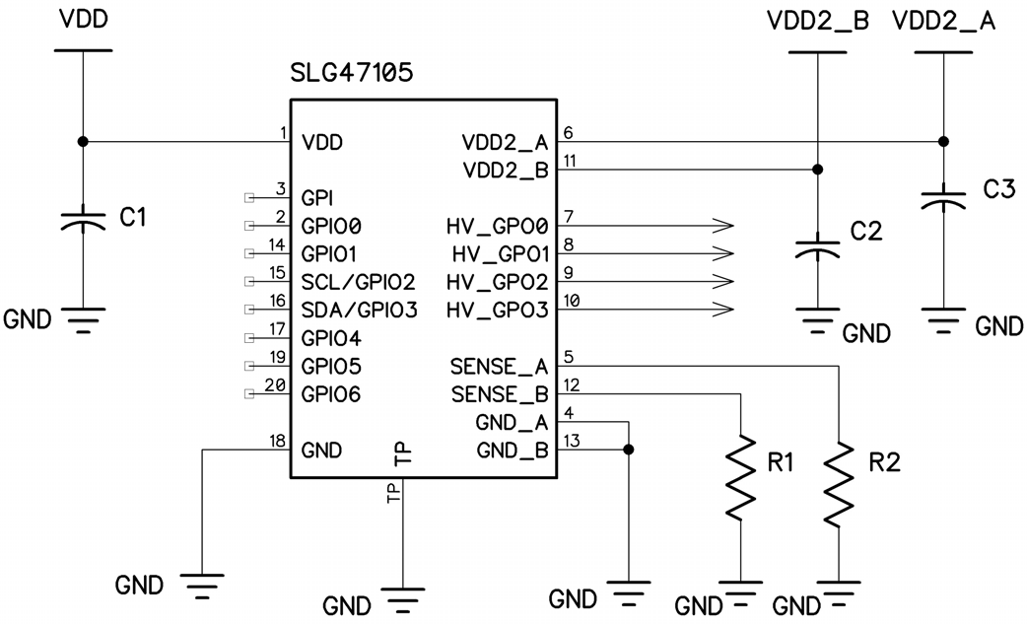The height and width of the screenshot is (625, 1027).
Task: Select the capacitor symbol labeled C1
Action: pos(83,219)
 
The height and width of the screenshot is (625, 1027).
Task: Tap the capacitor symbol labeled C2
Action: pos(817,246)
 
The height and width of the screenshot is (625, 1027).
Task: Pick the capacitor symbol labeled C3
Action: pos(943,200)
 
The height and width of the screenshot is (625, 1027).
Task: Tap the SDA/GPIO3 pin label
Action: pos(359,310)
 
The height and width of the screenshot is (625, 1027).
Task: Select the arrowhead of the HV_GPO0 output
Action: pos(723,225)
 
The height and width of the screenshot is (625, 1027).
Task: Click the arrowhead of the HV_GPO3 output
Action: pos(723,310)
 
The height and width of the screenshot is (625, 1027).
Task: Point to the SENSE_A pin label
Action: pos(499,367)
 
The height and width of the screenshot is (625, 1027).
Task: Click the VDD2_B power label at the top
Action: pos(817,23)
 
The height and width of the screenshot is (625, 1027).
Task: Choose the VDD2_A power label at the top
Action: pos(943,23)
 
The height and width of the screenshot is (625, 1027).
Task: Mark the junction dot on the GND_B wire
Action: pos(627,450)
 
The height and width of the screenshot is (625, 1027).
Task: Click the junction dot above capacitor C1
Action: pos(83,142)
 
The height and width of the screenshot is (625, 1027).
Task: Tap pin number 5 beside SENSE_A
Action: pos(569,356)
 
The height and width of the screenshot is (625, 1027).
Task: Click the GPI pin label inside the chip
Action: pos(319,197)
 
